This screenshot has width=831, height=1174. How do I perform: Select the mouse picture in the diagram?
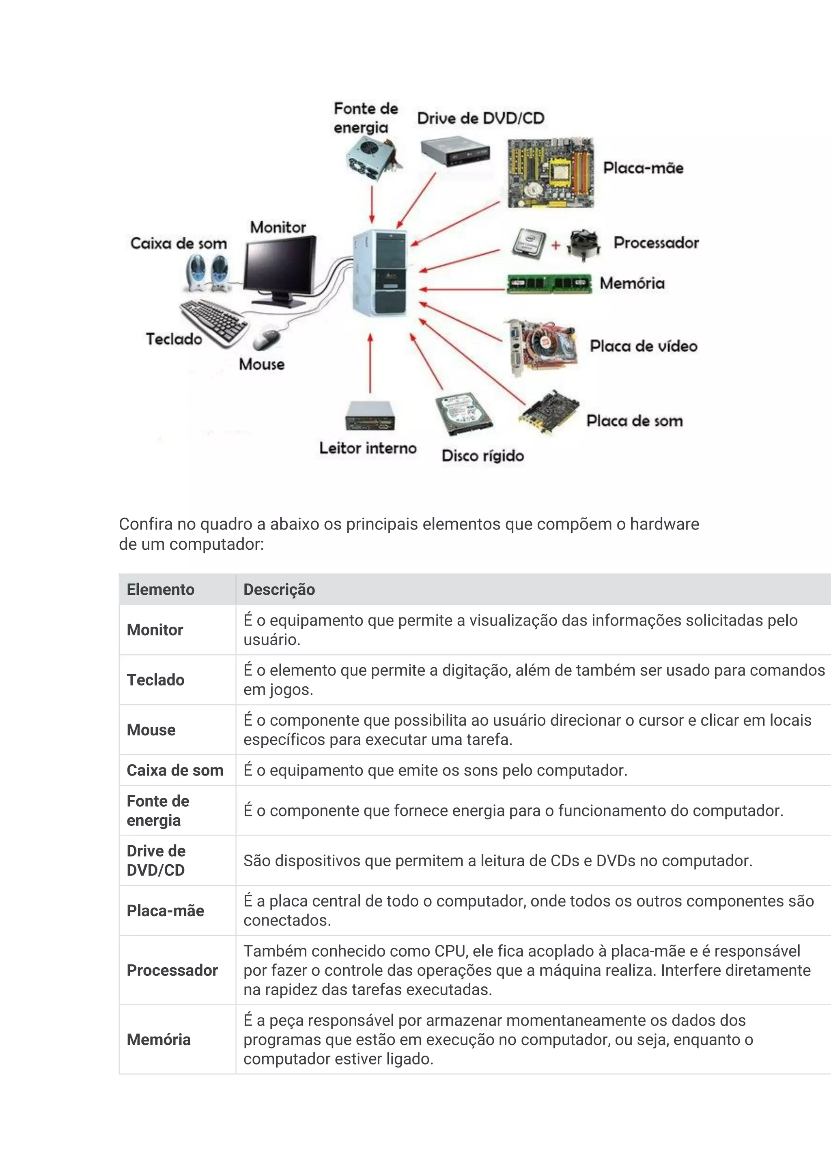[267, 338]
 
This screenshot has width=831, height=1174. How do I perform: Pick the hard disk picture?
[463, 413]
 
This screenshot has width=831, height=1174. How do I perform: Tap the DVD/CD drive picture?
[455, 151]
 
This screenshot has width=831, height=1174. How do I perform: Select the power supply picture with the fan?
[372, 159]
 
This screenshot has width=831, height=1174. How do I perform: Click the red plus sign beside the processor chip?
[555, 245]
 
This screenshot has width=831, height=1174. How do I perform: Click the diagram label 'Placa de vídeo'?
[643, 346]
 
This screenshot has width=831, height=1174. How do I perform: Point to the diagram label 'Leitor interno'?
[368, 448]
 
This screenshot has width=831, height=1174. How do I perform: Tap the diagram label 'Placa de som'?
[635, 421]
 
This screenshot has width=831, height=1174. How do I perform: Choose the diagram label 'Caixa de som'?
[179, 243]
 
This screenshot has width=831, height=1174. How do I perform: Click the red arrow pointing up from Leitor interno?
[370, 363]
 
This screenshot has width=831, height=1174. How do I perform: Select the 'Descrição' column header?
[279, 589]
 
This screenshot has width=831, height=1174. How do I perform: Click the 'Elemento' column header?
[160, 589]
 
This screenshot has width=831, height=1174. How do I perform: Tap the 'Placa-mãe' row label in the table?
[165, 910]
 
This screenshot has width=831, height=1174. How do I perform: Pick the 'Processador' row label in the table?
[172, 970]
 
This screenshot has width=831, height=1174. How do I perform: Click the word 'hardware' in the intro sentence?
[664, 524]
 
